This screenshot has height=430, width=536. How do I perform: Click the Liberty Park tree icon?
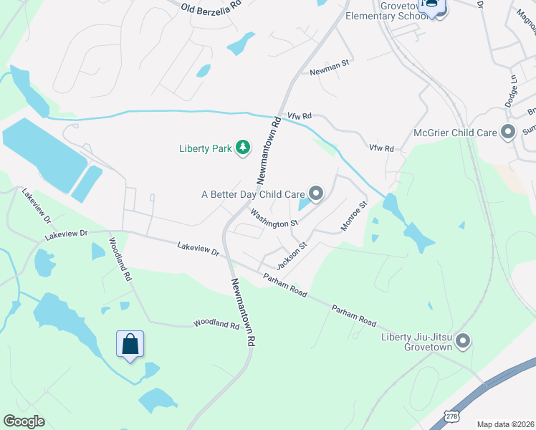pyautogui.click(x=244, y=148)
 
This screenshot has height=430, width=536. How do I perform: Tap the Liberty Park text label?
pyautogui.click(x=206, y=149)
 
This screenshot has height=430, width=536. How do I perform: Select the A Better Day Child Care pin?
pyautogui.click(x=316, y=193)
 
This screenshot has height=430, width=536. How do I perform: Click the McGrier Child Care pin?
pyautogui.click(x=508, y=133)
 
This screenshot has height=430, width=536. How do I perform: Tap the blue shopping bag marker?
pyautogui.click(x=130, y=345)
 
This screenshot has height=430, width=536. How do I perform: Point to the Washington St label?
pyautogui.click(x=274, y=219)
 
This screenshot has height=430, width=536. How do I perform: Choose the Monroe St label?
pyautogui.click(x=353, y=216)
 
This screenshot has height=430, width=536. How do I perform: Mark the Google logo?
pyautogui.click(x=24, y=421)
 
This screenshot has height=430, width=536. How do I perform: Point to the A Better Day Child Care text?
pyautogui.click(x=253, y=193)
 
